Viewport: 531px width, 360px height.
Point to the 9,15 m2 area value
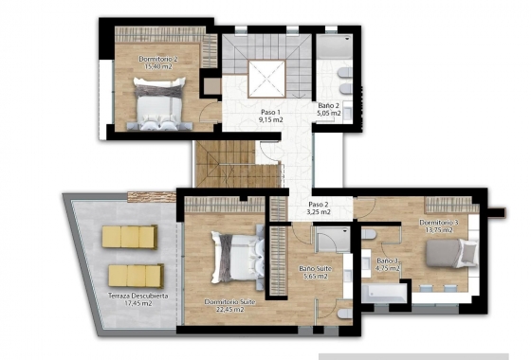tap(272, 120)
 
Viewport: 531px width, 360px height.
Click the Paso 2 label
tap(319, 205)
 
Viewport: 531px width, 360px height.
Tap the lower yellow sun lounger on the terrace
tap(136, 275)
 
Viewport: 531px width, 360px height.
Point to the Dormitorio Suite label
tap(229, 301)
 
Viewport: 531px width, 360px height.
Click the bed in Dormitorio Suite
tap(234, 255)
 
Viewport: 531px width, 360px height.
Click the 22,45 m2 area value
tap(229, 310)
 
